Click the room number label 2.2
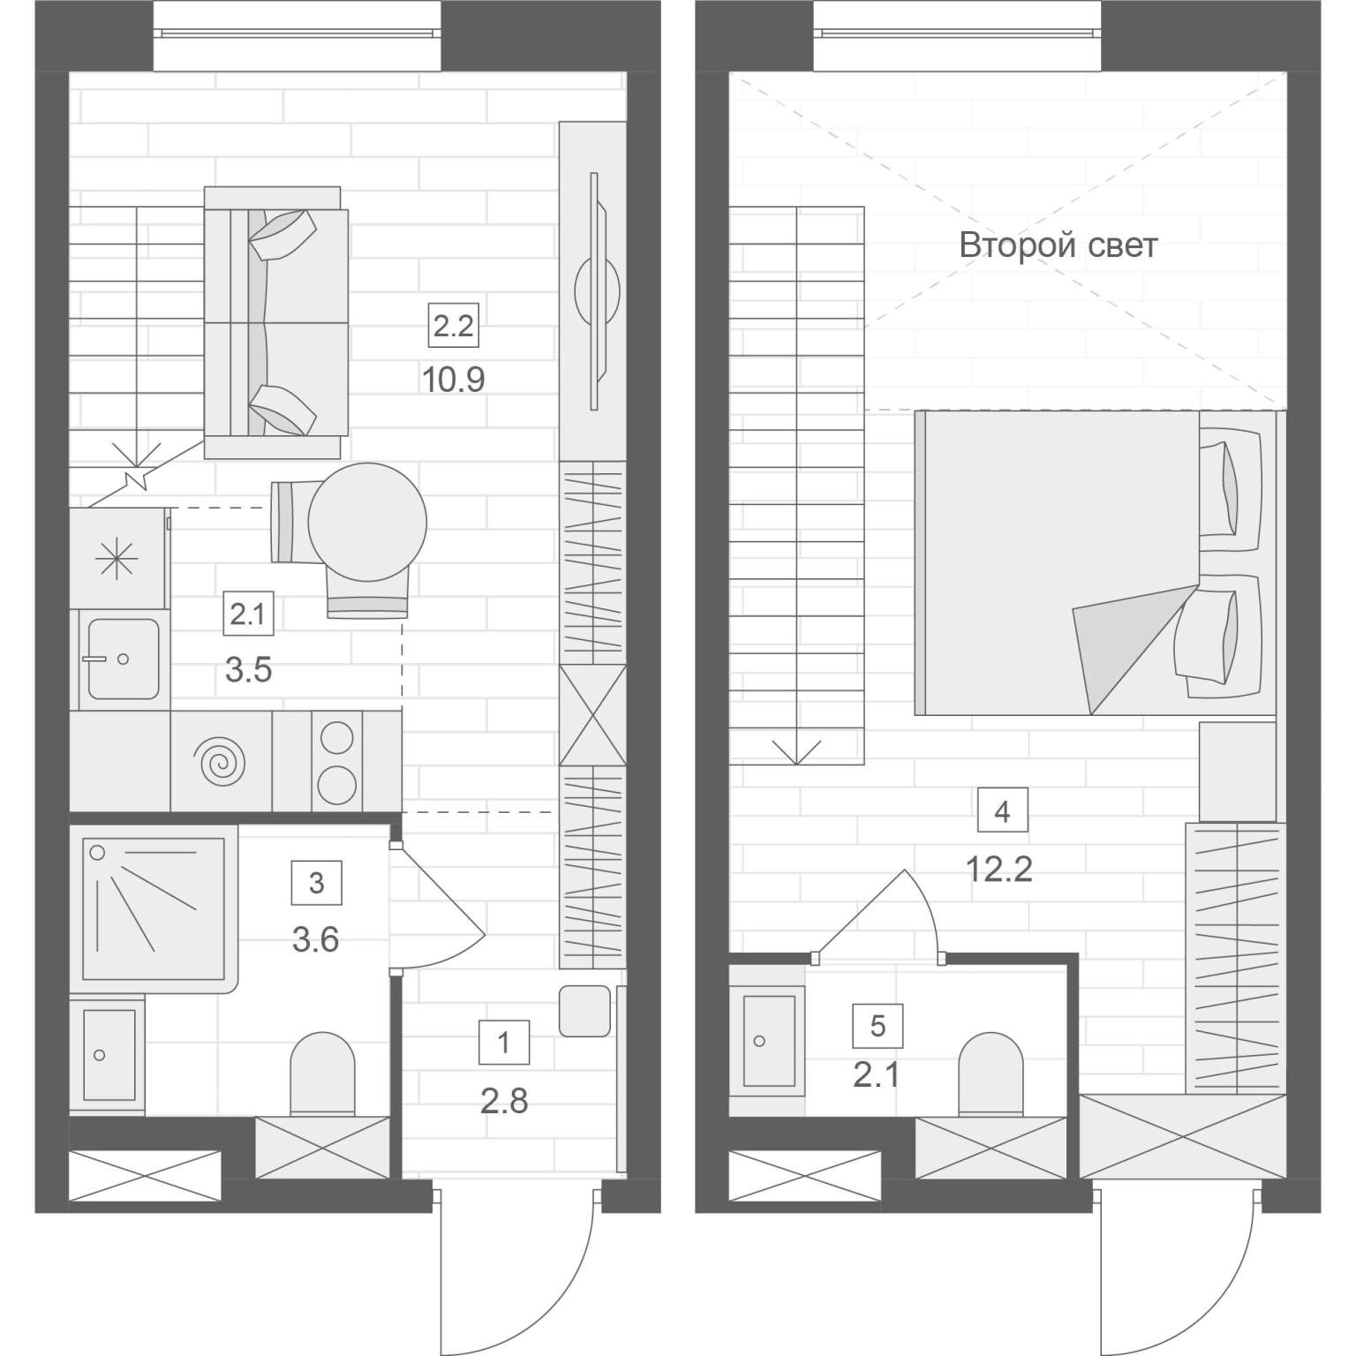453,327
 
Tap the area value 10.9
453,380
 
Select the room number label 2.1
248,614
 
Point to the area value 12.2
999,870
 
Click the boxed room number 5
877,1026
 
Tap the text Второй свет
1058,245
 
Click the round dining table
367,523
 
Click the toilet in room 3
322,1074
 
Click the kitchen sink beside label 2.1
123,659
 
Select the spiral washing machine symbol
221,763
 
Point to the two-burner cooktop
336,761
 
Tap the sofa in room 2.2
276,322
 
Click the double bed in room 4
1096,562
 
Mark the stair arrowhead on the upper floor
797,752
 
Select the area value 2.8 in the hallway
504,1101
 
